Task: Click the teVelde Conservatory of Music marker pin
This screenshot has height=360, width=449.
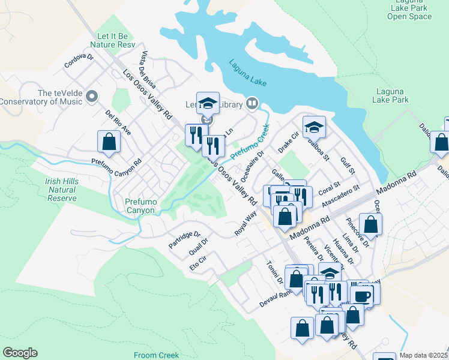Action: pos(91,96)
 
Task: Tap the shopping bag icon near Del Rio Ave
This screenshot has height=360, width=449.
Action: pos(109,142)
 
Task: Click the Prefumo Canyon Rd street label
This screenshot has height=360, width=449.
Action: pos(116,162)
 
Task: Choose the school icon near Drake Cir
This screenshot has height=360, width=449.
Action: pos(313,127)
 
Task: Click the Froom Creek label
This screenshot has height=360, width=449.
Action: pos(157,355)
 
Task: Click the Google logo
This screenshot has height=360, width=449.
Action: pos(20,353)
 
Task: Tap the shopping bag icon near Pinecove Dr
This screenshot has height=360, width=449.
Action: pos(371,224)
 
